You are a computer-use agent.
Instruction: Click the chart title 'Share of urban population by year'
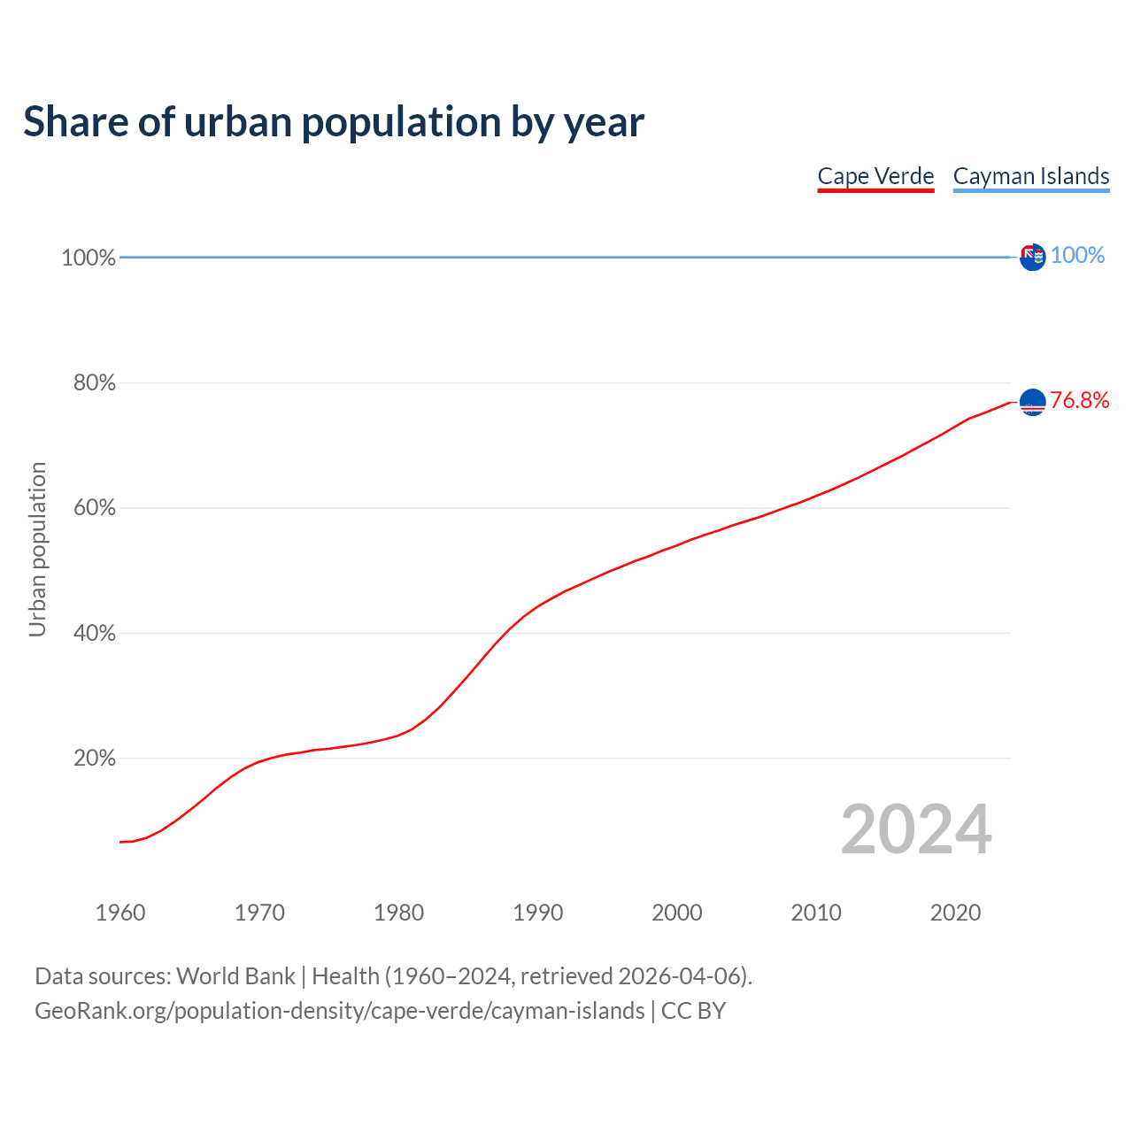click(334, 122)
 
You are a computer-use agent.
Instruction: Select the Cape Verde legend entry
click(875, 176)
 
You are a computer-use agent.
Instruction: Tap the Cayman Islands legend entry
click(1031, 176)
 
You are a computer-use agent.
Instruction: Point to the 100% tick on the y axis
click(89, 258)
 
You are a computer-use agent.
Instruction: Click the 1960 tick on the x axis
click(120, 913)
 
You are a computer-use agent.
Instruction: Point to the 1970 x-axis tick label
click(259, 913)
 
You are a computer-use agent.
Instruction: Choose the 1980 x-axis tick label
click(399, 913)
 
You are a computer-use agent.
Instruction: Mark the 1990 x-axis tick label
click(538, 913)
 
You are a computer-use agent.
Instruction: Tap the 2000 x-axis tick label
click(677, 913)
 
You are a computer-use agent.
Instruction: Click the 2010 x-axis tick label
click(816, 913)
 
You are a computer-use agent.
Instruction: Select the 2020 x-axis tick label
click(955, 913)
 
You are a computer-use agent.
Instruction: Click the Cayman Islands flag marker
click(1032, 257)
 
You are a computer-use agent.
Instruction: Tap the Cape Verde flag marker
click(1032, 402)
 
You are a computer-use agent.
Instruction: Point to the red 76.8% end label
click(1080, 401)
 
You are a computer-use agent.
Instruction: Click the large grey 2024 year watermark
click(916, 829)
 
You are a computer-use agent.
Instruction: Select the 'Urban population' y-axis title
click(37, 549)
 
